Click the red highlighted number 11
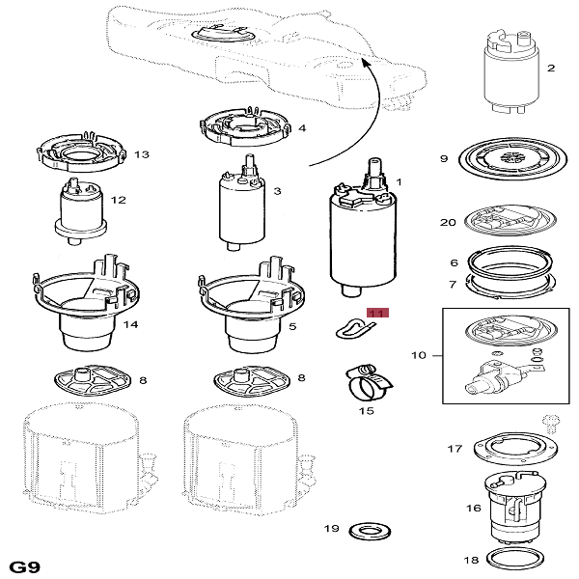point(376,314)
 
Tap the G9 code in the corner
point(24,564)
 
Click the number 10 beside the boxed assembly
point(419,355)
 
